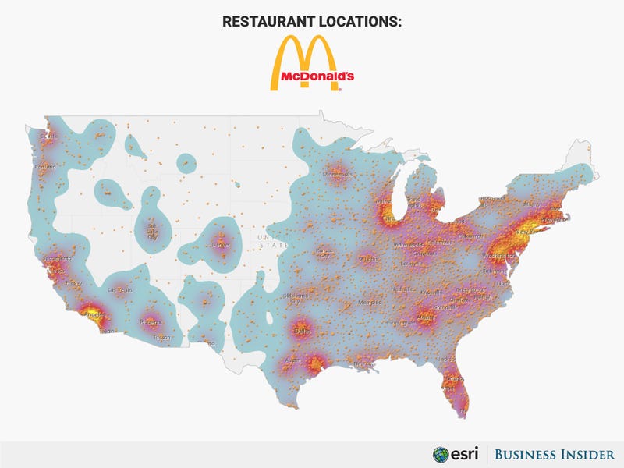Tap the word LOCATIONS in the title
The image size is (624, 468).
[x=362, y=21]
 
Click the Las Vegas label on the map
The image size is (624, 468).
[x=120, y=289]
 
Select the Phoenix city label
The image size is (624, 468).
[x=150, y=321]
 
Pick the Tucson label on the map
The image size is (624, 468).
[x=161, y=338]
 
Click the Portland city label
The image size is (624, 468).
[x=44, y=168]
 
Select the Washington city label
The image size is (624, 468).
[x=498, y=255]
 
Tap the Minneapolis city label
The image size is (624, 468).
[x=338, y=175]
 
